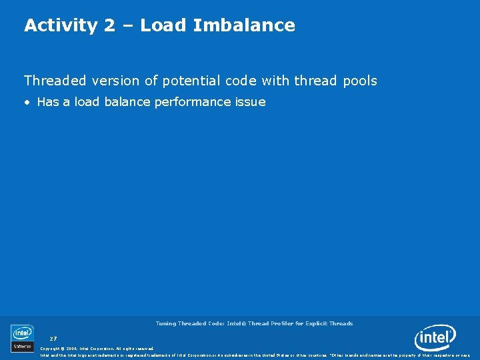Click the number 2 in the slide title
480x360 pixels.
(109, 26)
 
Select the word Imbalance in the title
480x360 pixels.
(244, 26)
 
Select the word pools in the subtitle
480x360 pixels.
(360, 81)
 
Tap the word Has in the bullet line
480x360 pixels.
(49, 102)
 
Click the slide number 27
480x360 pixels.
(53, 339)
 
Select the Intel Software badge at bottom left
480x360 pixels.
(22, 337)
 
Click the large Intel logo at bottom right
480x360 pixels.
(435, 338)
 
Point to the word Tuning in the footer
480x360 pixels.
(165, 323)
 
